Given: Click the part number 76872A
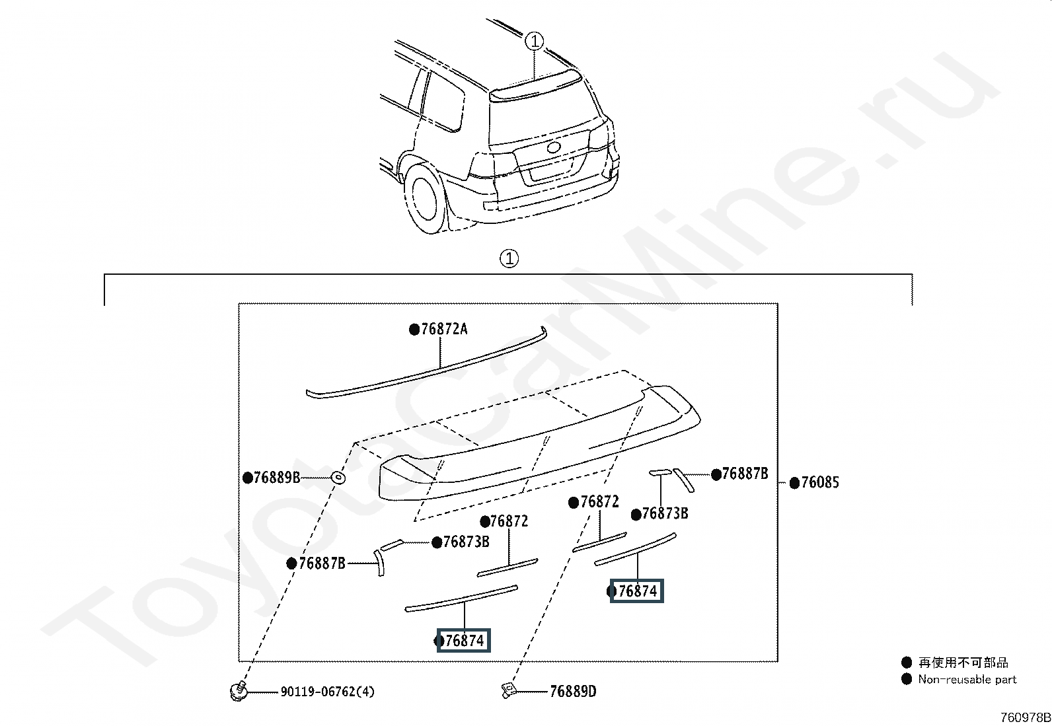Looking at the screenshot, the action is [444, 329].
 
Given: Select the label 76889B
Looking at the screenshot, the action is [277, 478].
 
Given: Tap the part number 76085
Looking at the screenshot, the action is [820, 482].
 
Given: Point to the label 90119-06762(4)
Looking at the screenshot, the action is [327, 692].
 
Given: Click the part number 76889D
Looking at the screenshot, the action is [573, 691].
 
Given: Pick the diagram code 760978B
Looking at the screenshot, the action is [1025, 717].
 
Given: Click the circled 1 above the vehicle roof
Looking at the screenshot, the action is [534, 42].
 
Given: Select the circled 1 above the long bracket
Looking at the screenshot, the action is [509, 258].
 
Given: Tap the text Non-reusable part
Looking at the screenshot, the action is [967, 679].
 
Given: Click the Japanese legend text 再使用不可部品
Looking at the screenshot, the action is [963, 662].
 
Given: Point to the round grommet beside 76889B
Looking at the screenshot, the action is [338, 478].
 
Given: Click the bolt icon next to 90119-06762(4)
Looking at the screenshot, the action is [239, 691].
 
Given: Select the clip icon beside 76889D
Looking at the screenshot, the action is [508, 690].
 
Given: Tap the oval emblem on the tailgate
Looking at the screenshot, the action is [554, 147].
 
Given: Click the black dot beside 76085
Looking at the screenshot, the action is [795, 483].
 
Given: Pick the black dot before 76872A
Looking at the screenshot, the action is [414, 330].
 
